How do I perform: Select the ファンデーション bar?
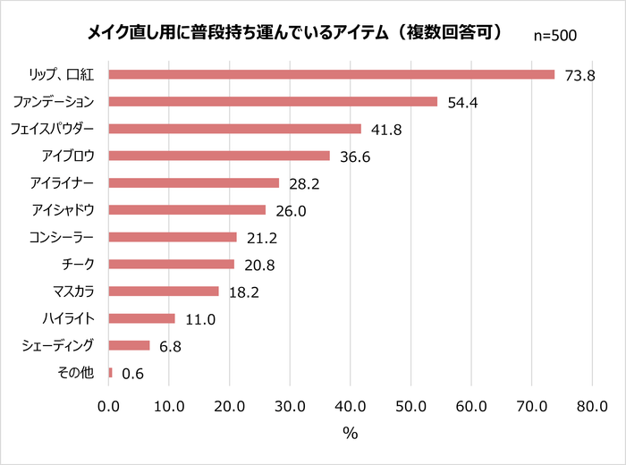pos(273,101)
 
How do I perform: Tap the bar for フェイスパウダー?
pos(234,129)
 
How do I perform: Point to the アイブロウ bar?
pos(219,156)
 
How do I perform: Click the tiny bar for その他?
pos(110,372)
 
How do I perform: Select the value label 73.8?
pos(579,75)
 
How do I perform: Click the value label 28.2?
pos(304,183)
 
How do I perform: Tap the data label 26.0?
pos(291,210)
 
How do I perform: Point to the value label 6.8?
pos(170,345)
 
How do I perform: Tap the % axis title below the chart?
pos(350,434)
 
